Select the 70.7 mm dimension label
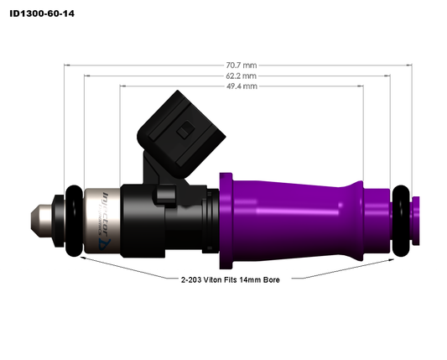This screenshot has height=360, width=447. [241, 64]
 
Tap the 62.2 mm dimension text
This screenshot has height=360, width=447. [241, 75]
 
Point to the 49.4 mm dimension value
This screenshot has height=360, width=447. [241, 86]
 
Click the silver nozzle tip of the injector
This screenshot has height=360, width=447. [41, 220]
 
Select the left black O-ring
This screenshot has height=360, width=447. [74, 221]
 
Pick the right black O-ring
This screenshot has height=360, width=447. [403, 221]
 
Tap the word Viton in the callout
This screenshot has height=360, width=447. [219, 279]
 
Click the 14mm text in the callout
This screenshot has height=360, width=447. [253, 279]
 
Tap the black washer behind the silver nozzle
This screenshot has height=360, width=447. [58, 220]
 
